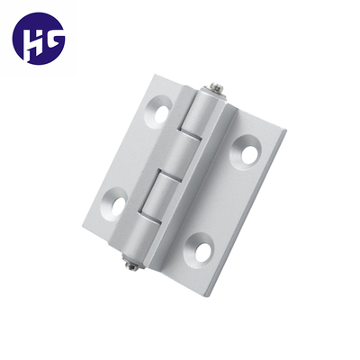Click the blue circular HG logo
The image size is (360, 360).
[x=39, y=39]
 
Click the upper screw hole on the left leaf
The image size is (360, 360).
[x=158, y=112]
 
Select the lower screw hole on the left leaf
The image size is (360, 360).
[x=114, y=204]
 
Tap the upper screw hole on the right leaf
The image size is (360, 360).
[x=246, y=153]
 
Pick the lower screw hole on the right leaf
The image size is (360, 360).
[x=199, y=249]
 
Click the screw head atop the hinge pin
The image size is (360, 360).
[x=217, y=88]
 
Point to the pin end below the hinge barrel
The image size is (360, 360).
[x=131, y=264]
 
